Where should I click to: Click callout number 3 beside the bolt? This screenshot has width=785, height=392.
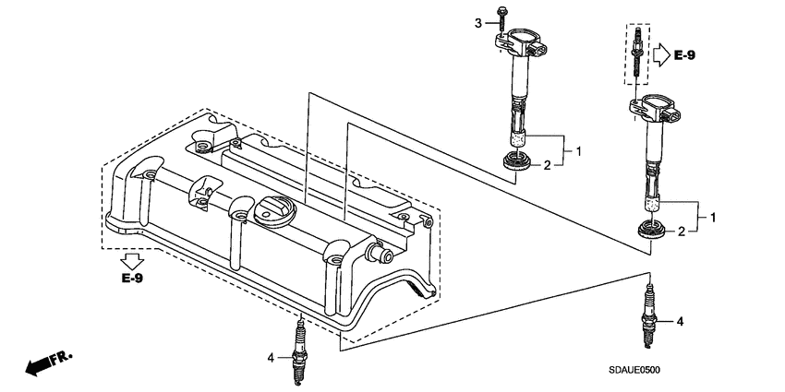(478, 22)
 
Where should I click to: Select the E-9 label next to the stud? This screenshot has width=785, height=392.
(684, 56)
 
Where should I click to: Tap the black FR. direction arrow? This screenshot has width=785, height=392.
(42, 364)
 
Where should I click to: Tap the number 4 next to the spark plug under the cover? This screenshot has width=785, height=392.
(271, 357)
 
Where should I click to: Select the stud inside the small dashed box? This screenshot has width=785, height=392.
(636, 54)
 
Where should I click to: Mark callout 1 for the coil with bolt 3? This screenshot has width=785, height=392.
(578, 149)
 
